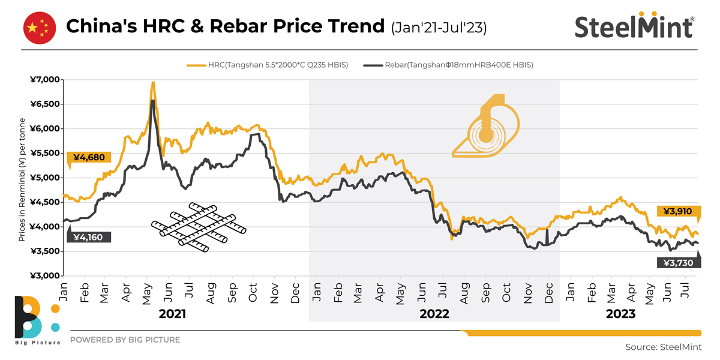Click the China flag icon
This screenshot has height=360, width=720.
[39, 28]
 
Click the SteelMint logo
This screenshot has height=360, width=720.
[635, 26]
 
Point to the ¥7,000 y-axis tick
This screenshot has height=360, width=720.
[46, 80]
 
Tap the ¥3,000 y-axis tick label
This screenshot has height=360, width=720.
[46, 276]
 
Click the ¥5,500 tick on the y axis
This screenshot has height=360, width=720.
[46, 154]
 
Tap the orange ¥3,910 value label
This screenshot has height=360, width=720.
[679, 211]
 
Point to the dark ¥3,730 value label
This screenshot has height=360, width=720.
[679, 262]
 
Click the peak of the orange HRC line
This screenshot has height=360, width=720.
[153, 83]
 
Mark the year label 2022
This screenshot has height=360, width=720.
[434, 314]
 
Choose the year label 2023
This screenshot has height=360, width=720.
[620, 314]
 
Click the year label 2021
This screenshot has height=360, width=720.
[172, 314]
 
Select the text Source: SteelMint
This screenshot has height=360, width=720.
[662, 347]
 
